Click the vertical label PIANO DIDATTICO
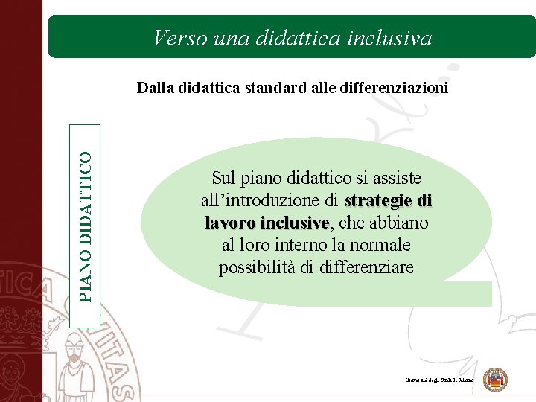[x=86, y=226]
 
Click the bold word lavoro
[x=229, y=223]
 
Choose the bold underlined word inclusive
[x=294, y=223]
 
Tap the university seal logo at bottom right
[x=495, y=380]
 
